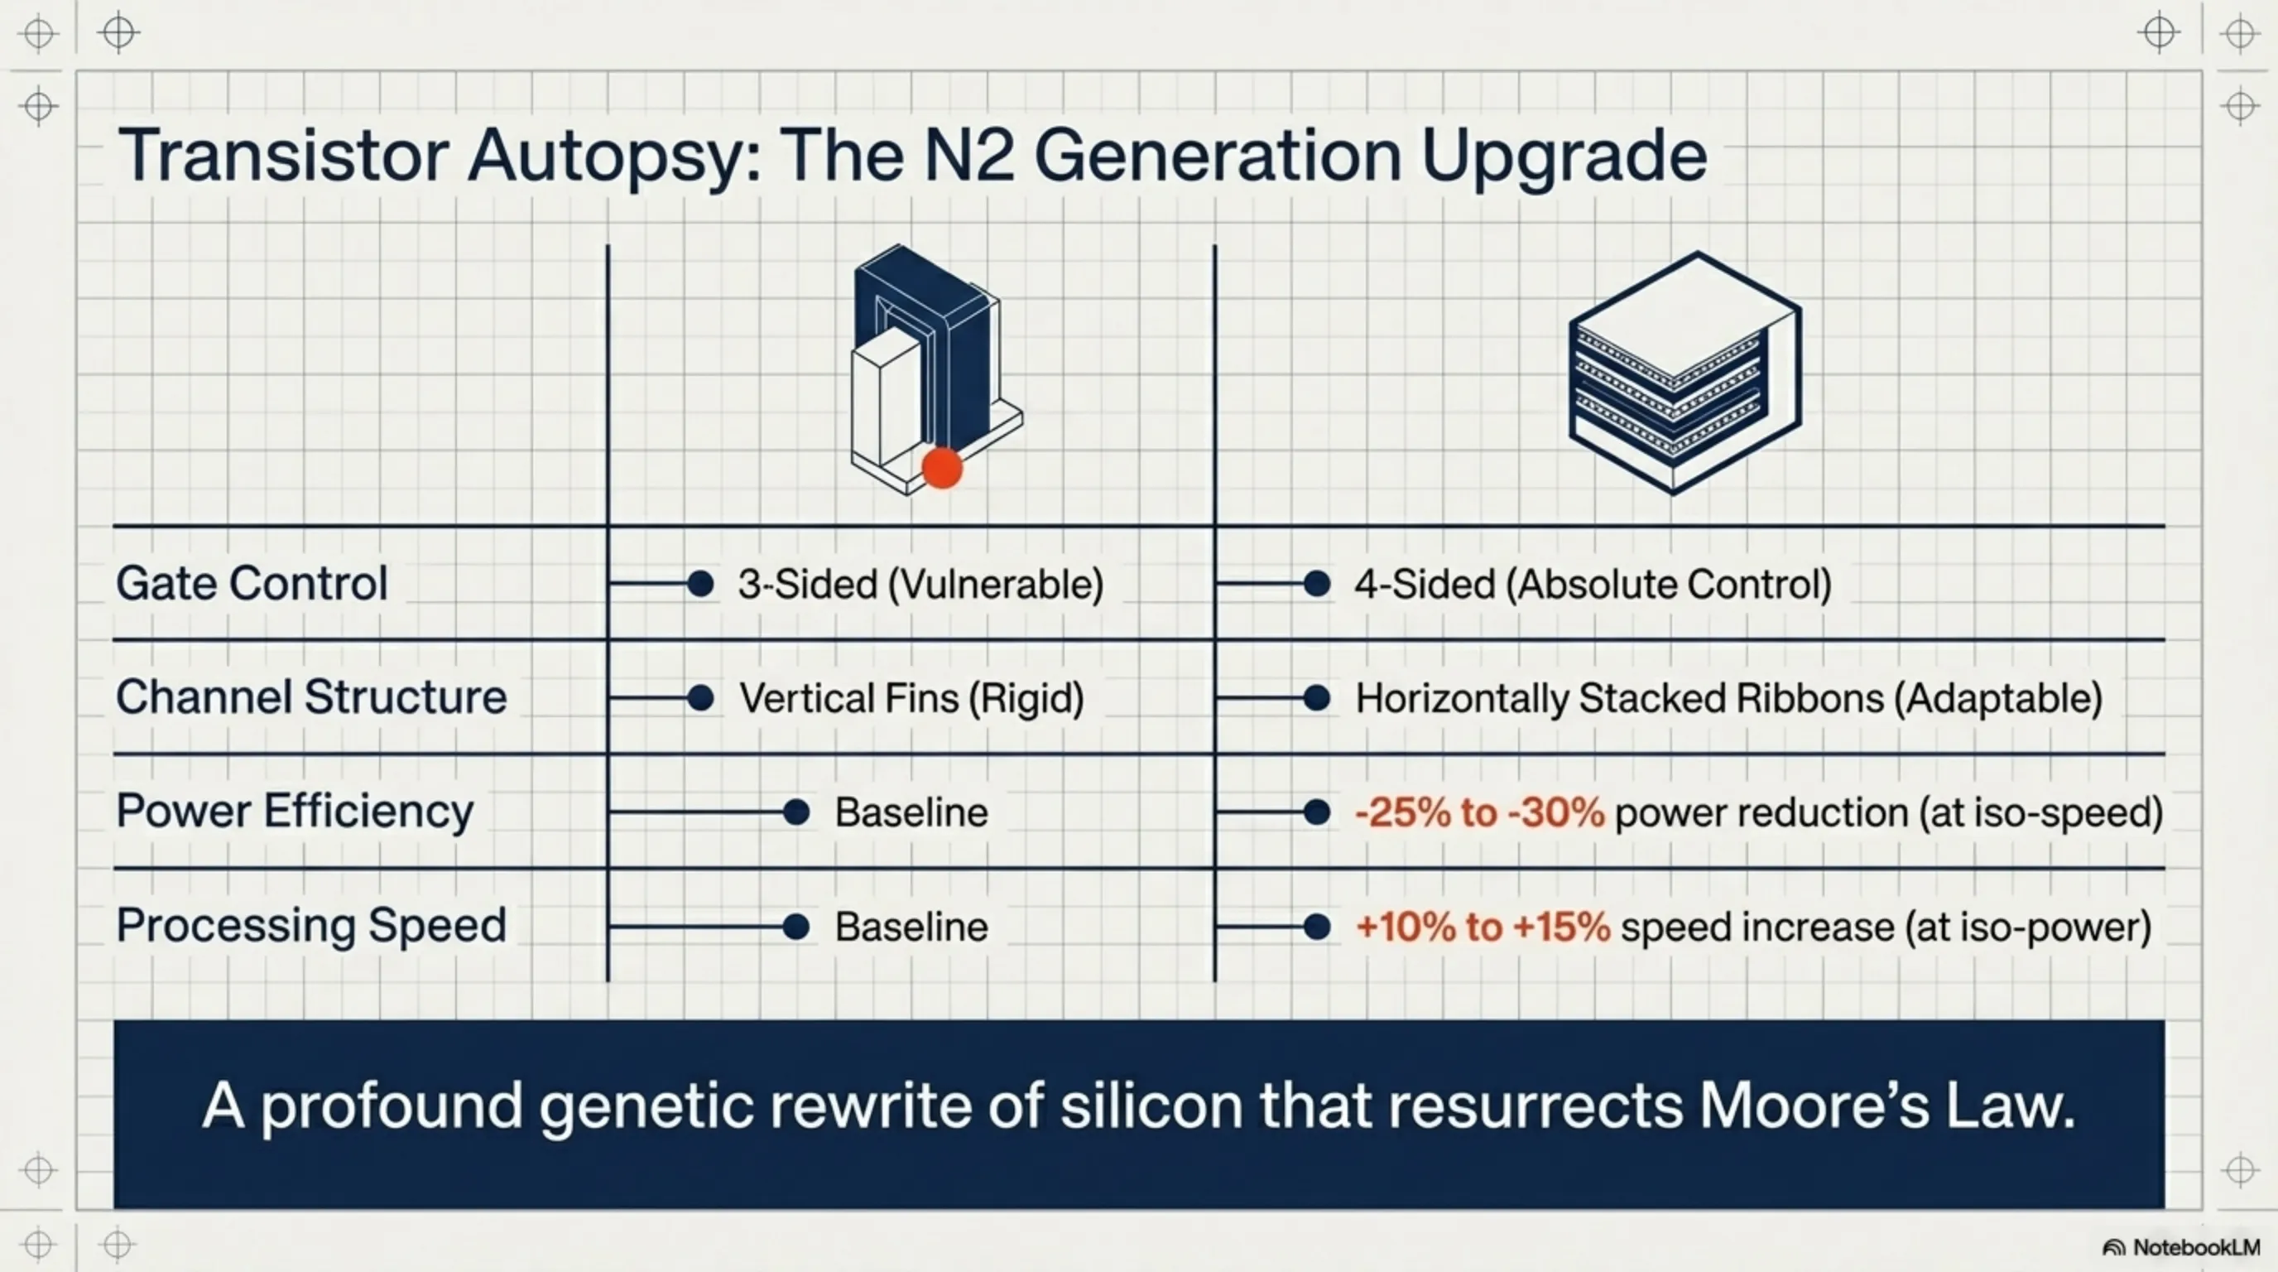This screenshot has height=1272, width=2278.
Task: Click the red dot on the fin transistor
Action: coord(942,467)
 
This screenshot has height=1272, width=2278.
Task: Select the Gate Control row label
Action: coord(252,584)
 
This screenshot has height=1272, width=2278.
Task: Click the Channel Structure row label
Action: coord(311,697)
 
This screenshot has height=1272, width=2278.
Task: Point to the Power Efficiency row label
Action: coord(295,811)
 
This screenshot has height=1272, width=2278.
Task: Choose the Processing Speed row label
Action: coord(311,925)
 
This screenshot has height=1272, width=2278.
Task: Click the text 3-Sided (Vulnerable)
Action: coord(920,585)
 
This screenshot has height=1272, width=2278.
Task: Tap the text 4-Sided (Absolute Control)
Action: coord(1593,585)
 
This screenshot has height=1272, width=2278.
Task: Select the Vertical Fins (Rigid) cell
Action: coord(911,698)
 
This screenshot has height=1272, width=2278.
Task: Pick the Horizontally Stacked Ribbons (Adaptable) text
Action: coord(1729,698)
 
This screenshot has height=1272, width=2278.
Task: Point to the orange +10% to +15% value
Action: coord(1483,927)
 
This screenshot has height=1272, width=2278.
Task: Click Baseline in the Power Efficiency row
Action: coord(911,812)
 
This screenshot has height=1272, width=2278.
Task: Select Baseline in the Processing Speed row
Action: coord(911,927)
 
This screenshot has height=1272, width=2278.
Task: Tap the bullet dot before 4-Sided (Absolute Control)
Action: coord(1317,584)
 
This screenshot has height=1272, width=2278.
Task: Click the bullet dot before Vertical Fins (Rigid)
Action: coord(700,698)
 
